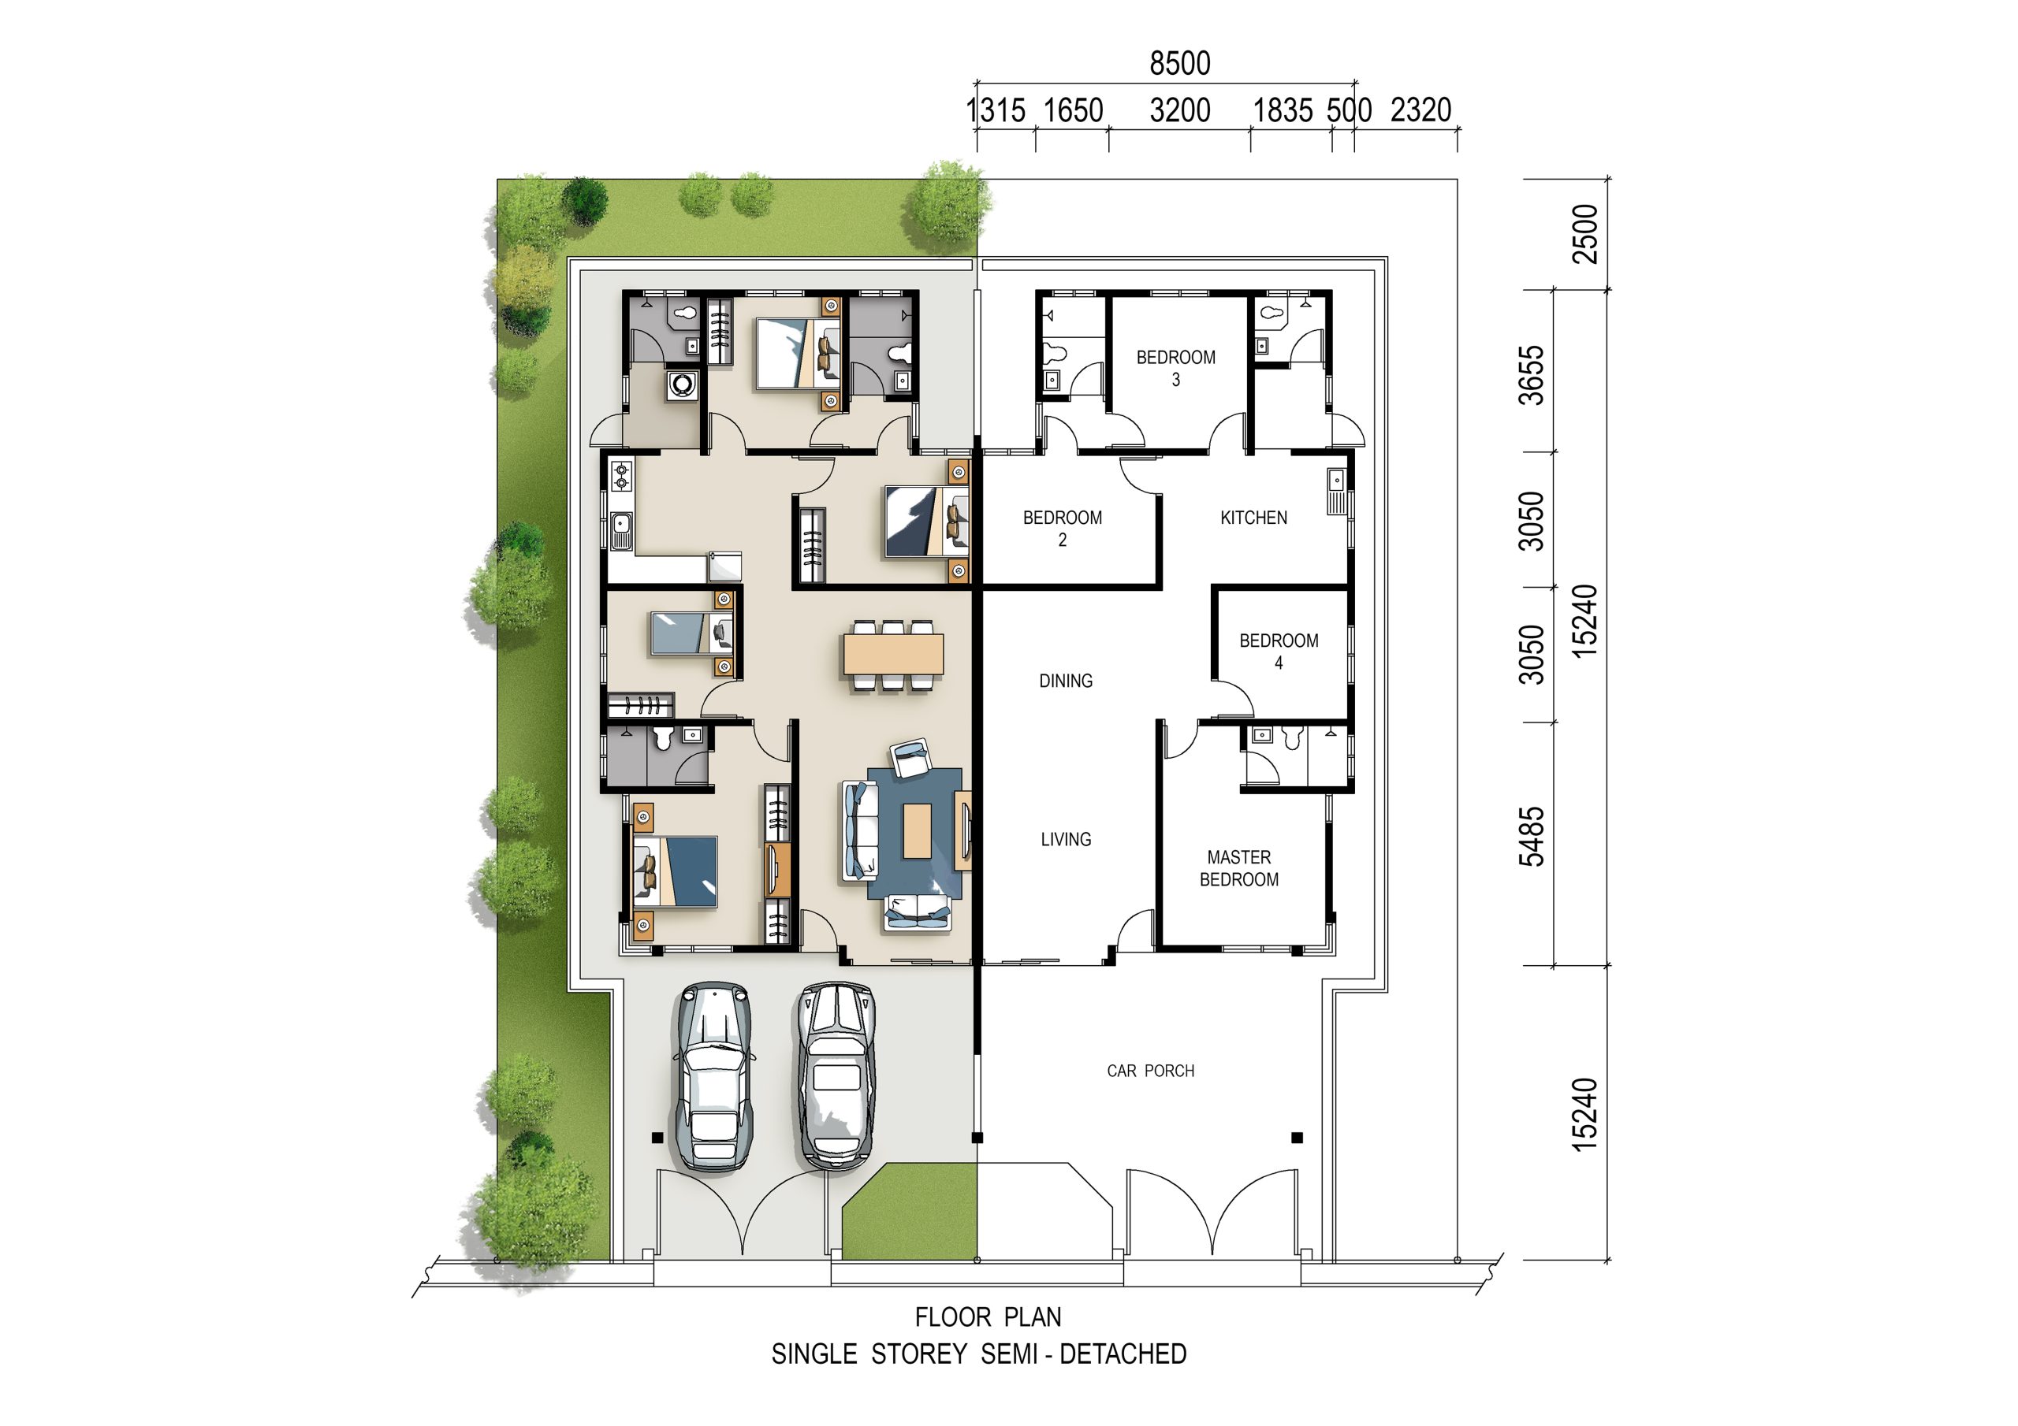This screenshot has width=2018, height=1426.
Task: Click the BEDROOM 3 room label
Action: (1175, 368)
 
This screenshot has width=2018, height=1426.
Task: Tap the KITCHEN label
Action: (1253, 518)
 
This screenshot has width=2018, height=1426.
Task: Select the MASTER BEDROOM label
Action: (1238, 868)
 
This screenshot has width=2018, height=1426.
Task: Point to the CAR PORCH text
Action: (1151, 1071)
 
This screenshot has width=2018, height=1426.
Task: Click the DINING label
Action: (1065, 681)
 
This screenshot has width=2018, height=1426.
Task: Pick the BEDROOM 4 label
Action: (1279, 652)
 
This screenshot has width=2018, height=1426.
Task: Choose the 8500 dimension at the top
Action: (1179, 63)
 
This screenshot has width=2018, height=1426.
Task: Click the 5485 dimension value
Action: (1531, 837)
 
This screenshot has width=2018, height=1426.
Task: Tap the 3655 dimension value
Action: (1531, 375)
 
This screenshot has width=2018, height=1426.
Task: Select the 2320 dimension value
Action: (1420, 110)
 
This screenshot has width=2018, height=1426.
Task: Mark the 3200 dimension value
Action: (1179, 110)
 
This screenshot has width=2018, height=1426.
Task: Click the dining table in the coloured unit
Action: (893, 655)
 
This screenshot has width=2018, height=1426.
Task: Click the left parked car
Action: (713, 1075)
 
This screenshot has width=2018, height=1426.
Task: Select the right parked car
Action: (836, 1075)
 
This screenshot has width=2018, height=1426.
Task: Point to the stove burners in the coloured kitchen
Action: (621, 475)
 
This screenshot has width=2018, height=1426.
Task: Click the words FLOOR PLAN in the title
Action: (988, 1317)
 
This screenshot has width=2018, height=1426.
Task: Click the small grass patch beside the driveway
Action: (910, 1211)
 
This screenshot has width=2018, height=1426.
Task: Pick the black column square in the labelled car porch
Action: (1297, 1138)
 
